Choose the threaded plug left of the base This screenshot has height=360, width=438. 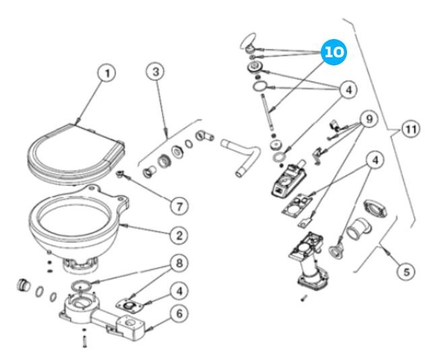(22, 284)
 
